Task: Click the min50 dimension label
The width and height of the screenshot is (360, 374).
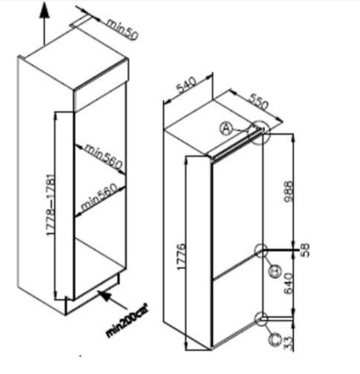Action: coord(122,29)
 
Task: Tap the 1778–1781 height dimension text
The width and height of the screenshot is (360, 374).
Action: coord(51,205)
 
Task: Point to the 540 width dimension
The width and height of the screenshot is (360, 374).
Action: coord(186,85)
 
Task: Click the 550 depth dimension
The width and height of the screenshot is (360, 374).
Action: coord(258,101)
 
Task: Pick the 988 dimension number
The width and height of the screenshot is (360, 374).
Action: coord(288,191)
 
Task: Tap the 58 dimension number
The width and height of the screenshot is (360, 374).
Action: coord(306,250)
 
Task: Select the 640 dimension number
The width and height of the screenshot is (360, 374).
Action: coord(288,284)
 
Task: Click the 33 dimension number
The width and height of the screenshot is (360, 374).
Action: coord(288,343)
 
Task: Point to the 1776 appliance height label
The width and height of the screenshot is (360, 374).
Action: coord(181,256)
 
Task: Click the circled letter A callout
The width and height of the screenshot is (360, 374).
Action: coord(226,129)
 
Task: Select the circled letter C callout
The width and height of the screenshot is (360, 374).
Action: coord(275,339)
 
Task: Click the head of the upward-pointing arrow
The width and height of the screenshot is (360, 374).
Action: coord(44,11)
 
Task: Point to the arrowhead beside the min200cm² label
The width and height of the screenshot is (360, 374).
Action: coord(104,296)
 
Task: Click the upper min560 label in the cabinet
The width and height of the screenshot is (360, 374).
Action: coord(104,156)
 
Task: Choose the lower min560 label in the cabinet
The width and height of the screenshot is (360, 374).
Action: coord(99,197)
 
